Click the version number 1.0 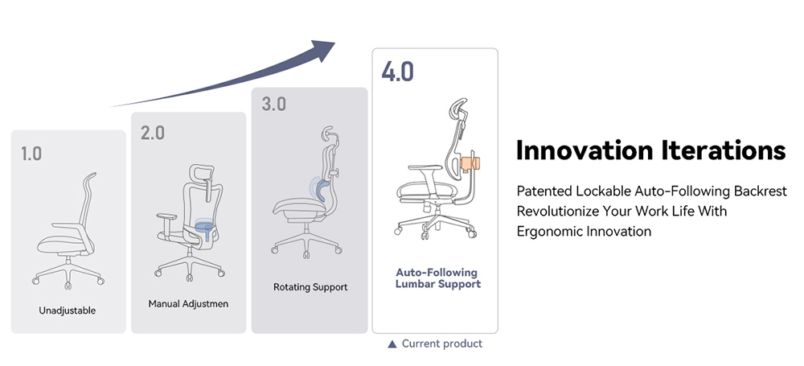[x=31, y=153]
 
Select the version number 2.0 [x=153, y=133]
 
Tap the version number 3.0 [x=273, y=104]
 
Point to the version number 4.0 [x=397, y=71]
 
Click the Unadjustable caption [x=68, y=310]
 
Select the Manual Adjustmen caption [x=188, y=304]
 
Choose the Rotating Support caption [x=310, y=286]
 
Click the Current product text [x=442, y=343]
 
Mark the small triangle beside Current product [x=392, y=344]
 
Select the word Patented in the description [x=544, y=191]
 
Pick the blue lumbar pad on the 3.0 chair [x=320, y=190]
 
